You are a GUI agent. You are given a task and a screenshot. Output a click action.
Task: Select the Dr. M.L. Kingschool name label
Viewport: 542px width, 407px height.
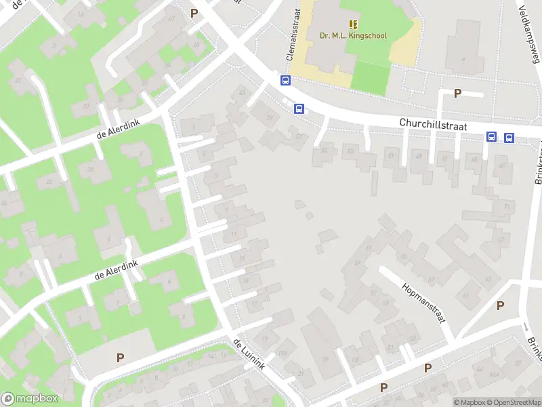coord(354,35)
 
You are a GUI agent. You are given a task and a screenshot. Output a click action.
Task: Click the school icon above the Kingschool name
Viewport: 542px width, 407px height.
coord(353,24)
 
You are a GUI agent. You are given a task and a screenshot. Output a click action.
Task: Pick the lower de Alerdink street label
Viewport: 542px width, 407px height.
coord(117,269)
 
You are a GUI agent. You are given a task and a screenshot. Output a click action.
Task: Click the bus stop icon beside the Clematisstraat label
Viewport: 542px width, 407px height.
coord(286,80)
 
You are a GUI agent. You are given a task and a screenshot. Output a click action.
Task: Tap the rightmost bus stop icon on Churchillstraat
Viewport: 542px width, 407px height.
coord(509,138)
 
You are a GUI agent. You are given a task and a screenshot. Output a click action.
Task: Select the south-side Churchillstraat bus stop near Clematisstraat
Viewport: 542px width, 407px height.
coord(299,108)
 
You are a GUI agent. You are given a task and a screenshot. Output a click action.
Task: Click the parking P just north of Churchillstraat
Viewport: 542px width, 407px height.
coord(457,94)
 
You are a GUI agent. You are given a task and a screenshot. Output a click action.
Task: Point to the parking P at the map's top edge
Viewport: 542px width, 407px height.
coord(194,13)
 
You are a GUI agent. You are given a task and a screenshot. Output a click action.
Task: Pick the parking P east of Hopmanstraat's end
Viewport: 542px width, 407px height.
coord(500,305)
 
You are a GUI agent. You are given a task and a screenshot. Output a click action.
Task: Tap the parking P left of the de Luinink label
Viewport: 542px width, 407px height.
coord(121,357)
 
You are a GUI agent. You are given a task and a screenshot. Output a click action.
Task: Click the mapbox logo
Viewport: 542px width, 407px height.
coord(30,399)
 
